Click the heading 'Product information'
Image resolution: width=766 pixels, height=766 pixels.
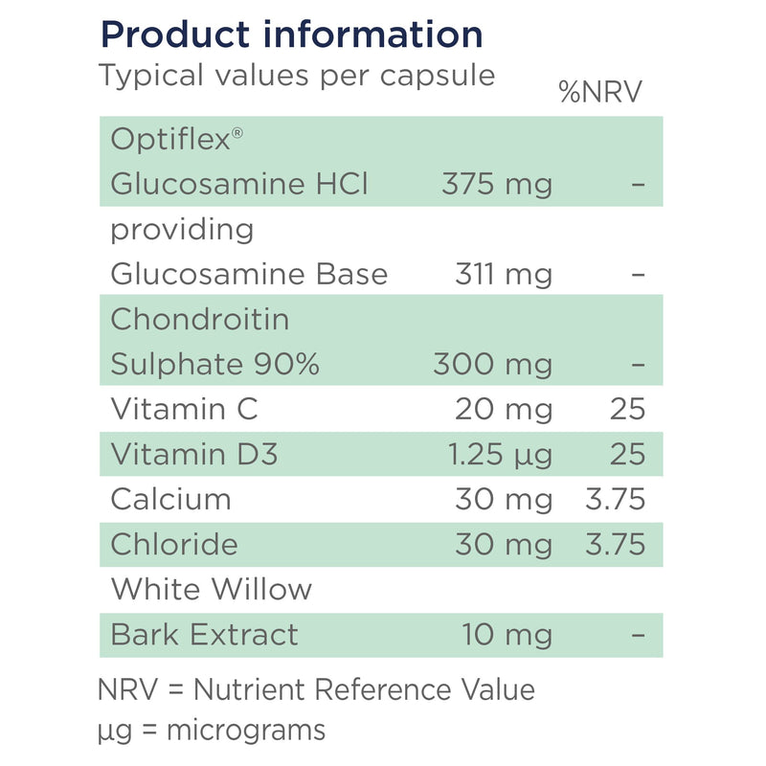(292, 35)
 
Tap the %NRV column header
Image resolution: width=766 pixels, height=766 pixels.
(600, 91)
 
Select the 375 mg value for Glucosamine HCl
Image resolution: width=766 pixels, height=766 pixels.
(497, 185)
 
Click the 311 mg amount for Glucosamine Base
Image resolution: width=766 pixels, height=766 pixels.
(504, 275)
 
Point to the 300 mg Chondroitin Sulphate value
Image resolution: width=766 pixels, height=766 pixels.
(492, 365)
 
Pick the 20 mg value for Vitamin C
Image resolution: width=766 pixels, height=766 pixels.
(504, 410)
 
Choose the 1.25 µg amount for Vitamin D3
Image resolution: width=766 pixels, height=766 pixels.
(500, 454)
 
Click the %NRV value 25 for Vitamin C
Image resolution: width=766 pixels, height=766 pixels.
(628, 409)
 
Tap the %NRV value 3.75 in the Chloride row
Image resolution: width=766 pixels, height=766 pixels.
(616, 544)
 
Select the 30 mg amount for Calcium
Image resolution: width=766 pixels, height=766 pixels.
(504, 500)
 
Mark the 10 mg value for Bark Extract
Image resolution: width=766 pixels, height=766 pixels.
(507, 635)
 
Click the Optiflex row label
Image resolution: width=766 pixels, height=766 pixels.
(176, 140)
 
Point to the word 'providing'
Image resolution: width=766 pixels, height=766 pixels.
(182, 231)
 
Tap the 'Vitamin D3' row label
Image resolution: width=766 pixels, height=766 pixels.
(194, 454)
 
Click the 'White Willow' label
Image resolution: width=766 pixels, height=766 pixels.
(211, 589)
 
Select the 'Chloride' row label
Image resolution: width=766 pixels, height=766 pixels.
(174, 544)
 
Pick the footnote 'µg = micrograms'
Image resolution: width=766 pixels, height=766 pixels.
(212, 732)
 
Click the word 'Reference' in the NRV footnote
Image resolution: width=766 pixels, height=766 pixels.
(382, 689)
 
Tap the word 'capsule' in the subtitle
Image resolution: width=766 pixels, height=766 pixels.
(438, 77)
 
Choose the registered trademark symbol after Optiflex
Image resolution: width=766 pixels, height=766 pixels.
(237, 133)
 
